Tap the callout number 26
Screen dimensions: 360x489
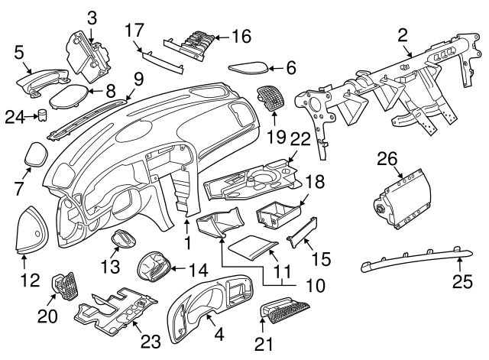tap(387, 160)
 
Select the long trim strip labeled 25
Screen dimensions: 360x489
tap(413, 258)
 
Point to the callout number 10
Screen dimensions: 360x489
tap(313, 287)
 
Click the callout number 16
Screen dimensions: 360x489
tap(241, 36)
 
